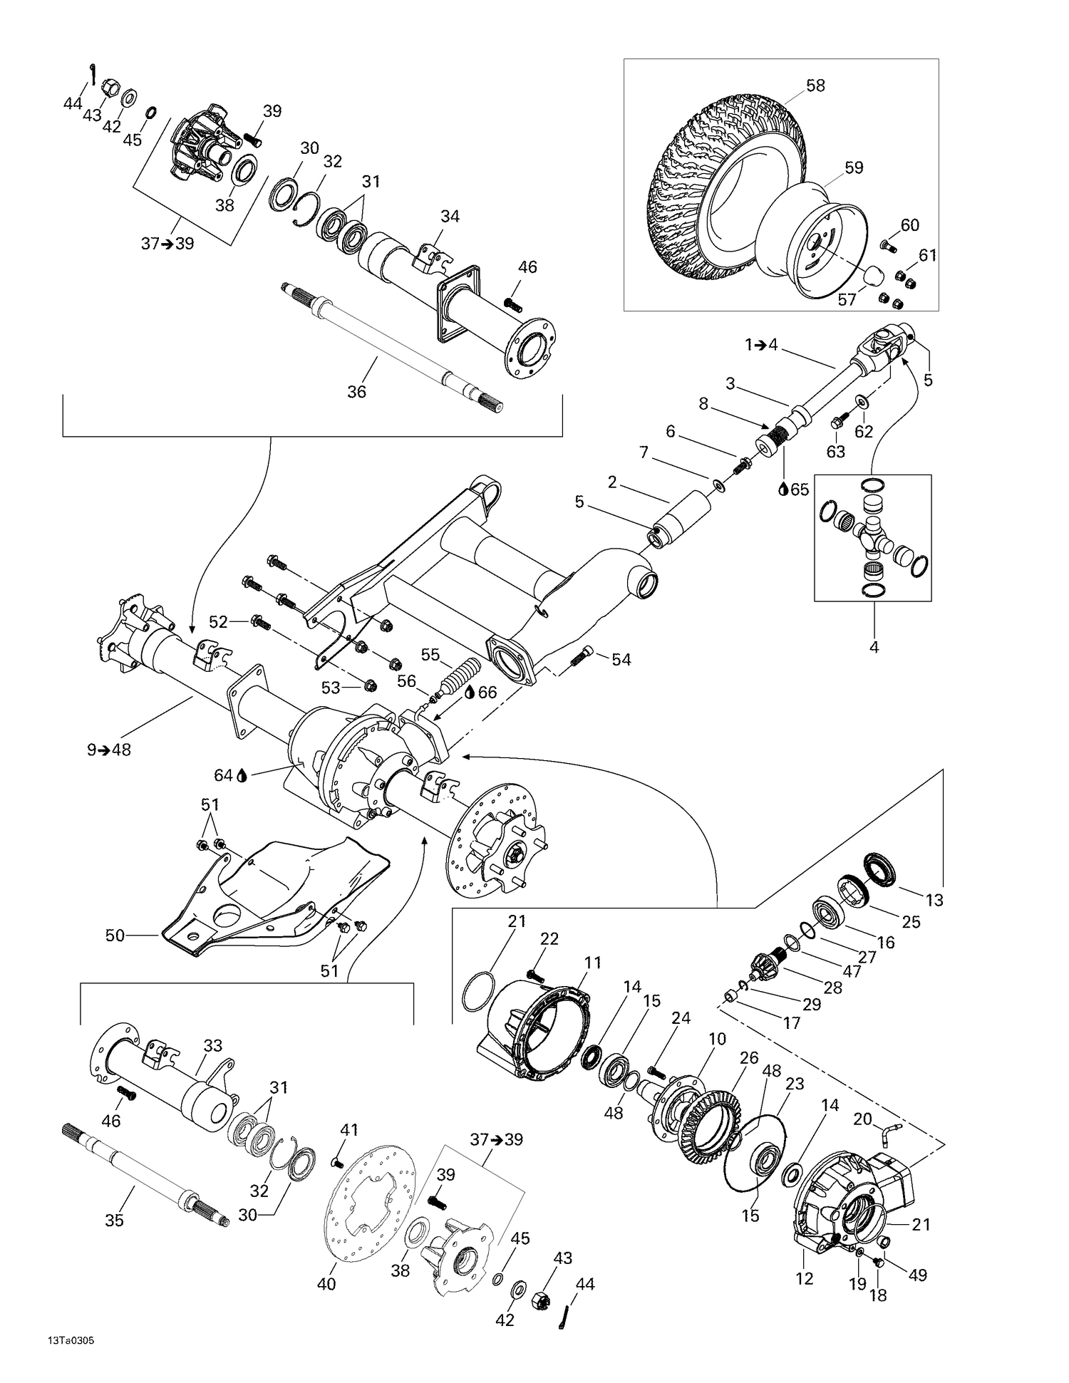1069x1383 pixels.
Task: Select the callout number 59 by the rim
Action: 853,168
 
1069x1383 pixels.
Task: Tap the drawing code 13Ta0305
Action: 71,1340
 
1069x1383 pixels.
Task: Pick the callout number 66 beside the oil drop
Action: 487,693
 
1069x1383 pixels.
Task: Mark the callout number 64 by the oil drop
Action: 223,775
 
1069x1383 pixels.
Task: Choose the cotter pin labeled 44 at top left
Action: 93,72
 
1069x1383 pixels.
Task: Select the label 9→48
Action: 109,750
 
